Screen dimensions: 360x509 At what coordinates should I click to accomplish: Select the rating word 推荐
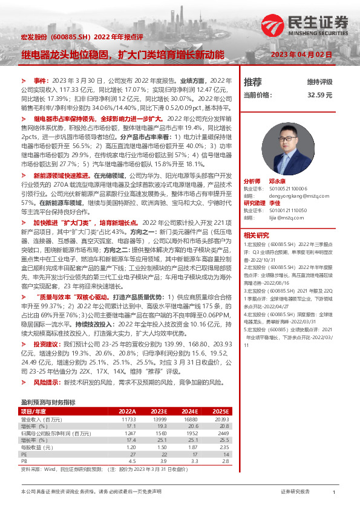[253, 82]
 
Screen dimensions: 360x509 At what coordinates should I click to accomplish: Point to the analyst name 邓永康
[278, 181]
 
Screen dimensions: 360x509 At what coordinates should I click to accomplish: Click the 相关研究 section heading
[256, 235]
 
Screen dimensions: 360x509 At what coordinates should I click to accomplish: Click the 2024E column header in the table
[189, 410]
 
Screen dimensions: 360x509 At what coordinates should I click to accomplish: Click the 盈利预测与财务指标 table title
[48, 401]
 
